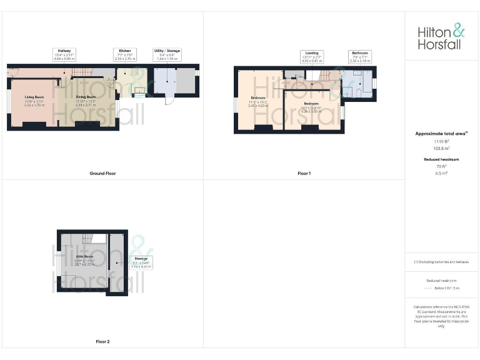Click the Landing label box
[312, 57]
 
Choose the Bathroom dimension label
[360, 57]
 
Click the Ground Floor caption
[102, 173]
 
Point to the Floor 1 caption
[304, 173]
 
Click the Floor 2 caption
[102, 342]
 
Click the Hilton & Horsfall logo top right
[441, 37]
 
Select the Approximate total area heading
[441, 133]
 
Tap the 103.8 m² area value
[441, 149]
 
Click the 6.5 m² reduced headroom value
[441, 173]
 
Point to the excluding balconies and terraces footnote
[441, 262]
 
